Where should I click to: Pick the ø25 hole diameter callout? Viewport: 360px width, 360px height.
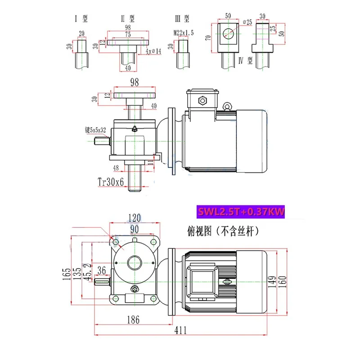[x=249, y=21]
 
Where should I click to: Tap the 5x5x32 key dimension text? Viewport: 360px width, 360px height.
[x=95, y=130]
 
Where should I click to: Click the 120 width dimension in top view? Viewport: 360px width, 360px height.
[x=135, y=218]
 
